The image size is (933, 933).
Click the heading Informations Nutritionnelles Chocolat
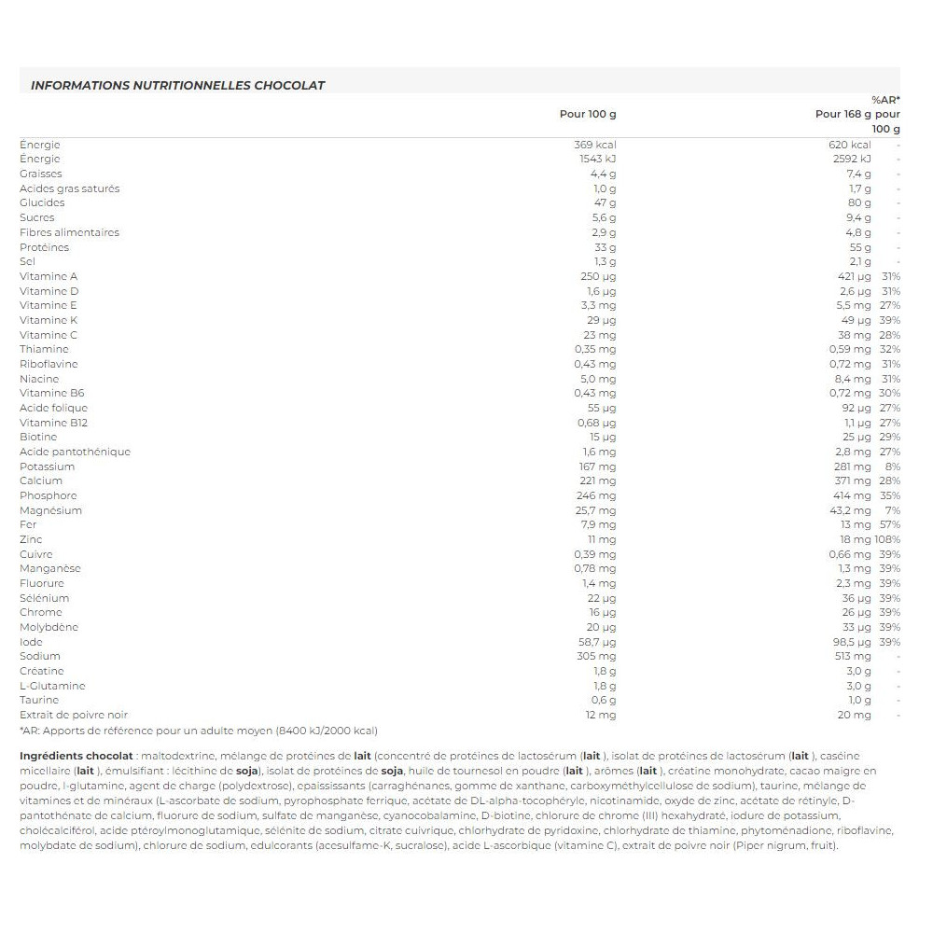[177, 85]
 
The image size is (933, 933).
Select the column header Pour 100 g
[588, 115]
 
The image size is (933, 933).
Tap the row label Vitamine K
[49, 320]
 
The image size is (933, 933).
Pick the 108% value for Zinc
[887, 539]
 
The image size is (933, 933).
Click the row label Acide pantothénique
[75, 452]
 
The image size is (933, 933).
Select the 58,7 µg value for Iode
[598, 642]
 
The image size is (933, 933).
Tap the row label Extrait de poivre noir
[74, 715]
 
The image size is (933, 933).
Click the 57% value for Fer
[889, 524]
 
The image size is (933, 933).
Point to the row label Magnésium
[50, 510]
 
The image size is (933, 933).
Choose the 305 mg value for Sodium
[598, 656]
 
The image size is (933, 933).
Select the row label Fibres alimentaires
[69, 232]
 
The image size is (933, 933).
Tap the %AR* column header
[885, 100]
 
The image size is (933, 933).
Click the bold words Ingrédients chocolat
[75, 756]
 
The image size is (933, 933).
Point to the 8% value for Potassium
[892, 466]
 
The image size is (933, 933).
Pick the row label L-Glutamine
[52, 686]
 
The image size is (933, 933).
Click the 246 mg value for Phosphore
[598, 495]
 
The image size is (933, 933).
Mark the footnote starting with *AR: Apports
[199, 730]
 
